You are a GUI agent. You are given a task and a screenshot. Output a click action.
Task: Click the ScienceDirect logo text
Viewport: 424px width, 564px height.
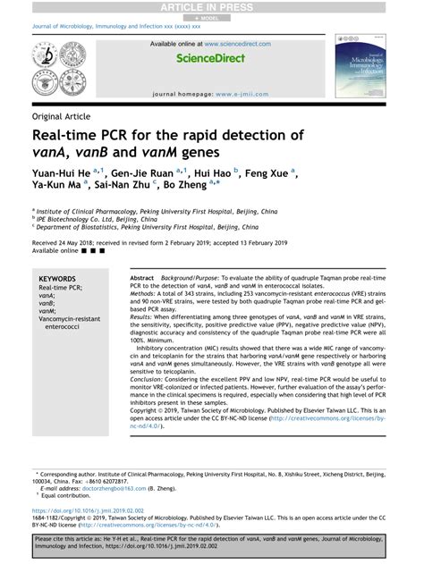211,58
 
